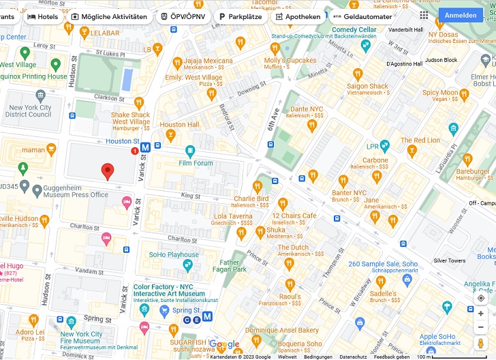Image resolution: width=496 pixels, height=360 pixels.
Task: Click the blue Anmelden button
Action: [x=461, y=16]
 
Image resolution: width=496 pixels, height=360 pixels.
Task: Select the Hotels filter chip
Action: [x=42, y=16]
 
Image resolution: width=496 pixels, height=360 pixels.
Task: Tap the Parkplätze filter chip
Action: [x=240, y=16]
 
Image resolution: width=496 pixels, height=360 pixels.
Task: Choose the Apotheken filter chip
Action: [x=297, y=16]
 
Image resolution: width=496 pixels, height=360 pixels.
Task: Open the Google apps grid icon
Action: [x=424, y=15]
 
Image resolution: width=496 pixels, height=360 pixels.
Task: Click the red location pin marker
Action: [x=107, y=172]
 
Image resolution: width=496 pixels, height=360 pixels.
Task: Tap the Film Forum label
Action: [x=196, y=163]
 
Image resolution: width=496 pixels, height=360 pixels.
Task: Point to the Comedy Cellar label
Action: [x=354, y=30]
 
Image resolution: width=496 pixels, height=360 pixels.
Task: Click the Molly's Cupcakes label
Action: [x=290, y=61]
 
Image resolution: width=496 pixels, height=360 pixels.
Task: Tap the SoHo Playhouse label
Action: [x=174, y=255]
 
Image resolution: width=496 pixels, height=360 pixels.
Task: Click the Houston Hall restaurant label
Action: [x=179, y=125]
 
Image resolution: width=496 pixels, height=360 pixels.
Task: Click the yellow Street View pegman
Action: [x=481, y=342]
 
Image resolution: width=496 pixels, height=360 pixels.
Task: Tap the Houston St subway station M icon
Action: [x=145, y=147]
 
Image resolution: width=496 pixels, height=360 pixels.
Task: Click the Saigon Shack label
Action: [x=367, y=87]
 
